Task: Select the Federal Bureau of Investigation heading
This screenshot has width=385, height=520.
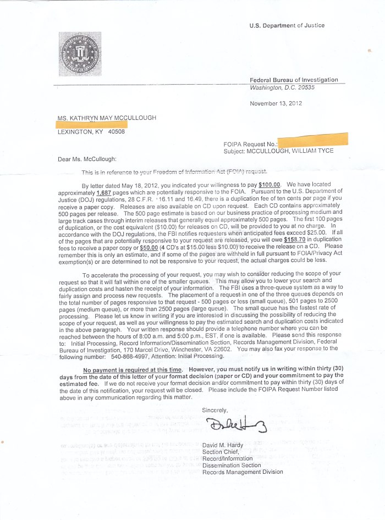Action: [x=294, y=80]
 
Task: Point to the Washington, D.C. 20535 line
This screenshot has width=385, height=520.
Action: [x=282, y=87]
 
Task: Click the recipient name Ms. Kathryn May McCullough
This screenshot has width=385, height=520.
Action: [x=106, y=118]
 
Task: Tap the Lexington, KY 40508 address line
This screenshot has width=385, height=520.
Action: [x=91, y=132]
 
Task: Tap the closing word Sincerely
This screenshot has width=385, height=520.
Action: [x=215, y=410]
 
